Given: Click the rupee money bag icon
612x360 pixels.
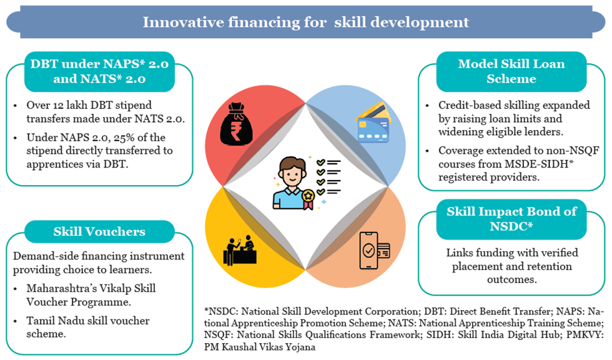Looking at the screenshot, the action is pos(236,124).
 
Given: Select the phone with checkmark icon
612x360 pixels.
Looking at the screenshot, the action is pos(374,250).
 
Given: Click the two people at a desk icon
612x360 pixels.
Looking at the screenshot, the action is pos(240,251).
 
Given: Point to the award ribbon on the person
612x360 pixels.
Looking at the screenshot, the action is pos(308,199).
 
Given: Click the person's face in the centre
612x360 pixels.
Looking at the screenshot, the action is pos(292,174).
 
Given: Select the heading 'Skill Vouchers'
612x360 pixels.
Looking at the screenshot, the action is pos(99,231).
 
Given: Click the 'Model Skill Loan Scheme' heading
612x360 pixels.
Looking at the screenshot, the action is pos(511,71).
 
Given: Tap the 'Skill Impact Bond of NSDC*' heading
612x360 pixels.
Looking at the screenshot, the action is pos(511,219).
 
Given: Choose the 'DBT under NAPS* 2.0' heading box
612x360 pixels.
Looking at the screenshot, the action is pos(99,71).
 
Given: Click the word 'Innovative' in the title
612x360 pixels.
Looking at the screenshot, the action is pos(183,22).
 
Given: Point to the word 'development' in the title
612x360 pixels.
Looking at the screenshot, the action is pos(419,22).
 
